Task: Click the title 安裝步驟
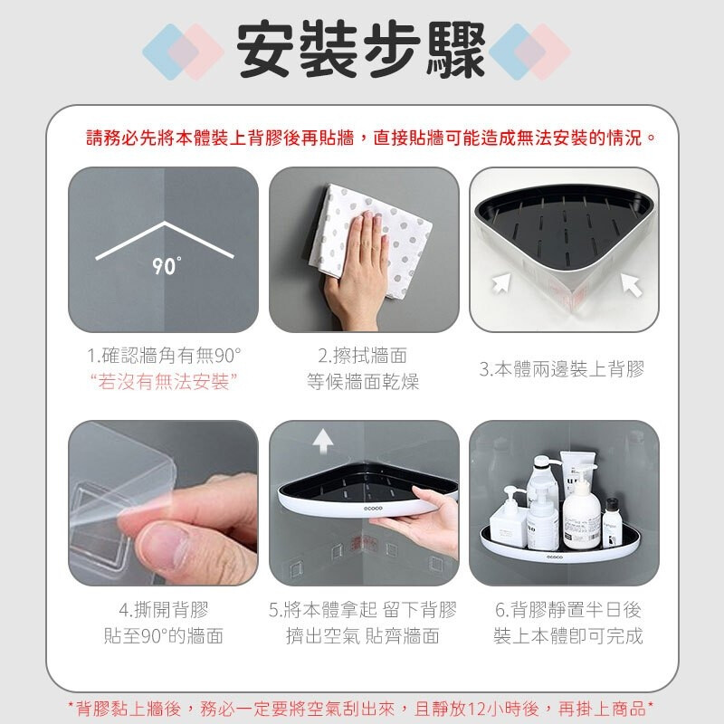(x=360, y=50)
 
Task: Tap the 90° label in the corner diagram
(x=167, y=266)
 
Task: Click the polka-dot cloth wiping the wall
(x=369, y=240)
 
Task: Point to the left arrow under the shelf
(x=502, y=282)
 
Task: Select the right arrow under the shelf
(x=631, y=284)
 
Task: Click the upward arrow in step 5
(x=323, y=441)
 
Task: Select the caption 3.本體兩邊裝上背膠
(x=562, y=369)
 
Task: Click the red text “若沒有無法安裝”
(x=164, y=382)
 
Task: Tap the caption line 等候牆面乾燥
(x=363, y=382)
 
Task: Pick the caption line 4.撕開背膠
(x=164, y=610)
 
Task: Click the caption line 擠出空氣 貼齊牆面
(x=363, y=636)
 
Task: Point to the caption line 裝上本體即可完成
(x=568, y=636)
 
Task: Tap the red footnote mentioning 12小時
(x=361, y=709)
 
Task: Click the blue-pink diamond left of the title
(x=184, y=52)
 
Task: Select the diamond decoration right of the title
(x=529, y=52)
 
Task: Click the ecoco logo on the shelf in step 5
(x=373, y=509)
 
